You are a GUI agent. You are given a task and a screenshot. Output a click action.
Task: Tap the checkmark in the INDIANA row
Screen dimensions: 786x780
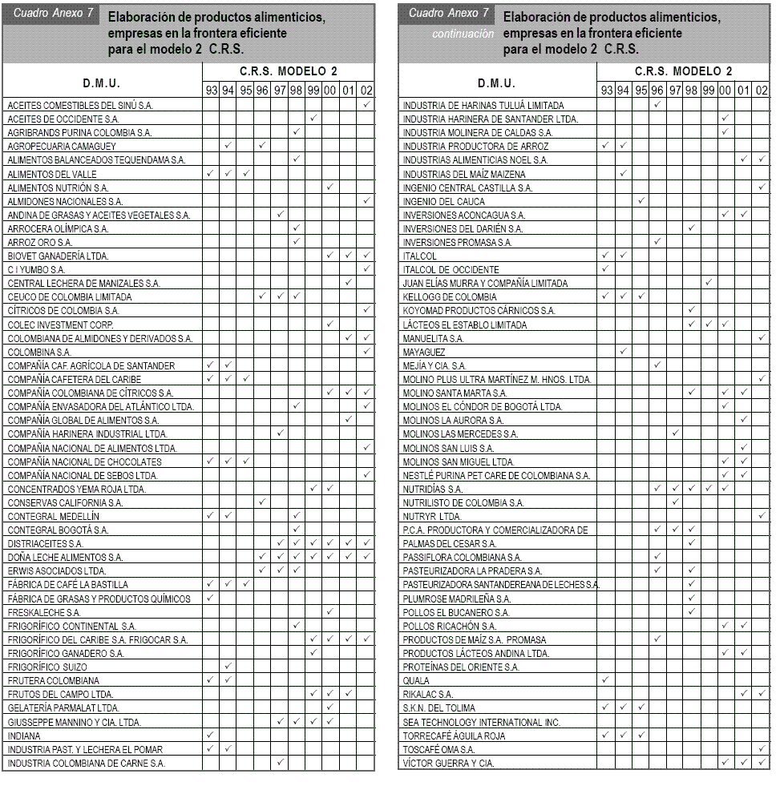pyautogui.click(x=211, y=735)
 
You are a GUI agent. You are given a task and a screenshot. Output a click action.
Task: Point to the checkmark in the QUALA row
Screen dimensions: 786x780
pyautogui.click(x=605, y=679)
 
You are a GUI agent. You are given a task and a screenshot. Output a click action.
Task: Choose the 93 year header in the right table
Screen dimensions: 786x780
pyautogui.click(x=606, y=91)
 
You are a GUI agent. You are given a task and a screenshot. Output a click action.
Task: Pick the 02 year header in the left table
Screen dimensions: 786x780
pyautogui.click(x=366, y=91)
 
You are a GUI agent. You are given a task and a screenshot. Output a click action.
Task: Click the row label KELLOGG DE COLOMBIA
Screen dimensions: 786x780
pyautogui.click(x=450, y=296)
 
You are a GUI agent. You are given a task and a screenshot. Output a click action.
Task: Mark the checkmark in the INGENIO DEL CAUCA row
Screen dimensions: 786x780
pyautogui.click(x=641, y=201)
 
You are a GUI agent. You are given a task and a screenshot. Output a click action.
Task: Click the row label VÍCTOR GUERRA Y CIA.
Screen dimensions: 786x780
pyautogui.click(x=448, y=763)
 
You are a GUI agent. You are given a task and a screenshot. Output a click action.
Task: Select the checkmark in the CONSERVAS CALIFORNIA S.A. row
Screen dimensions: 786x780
pyautogui.click(x=262, y=502)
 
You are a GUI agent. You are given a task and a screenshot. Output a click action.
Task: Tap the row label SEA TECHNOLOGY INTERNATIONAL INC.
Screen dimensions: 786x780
pyautogui.click(x=481, y=722)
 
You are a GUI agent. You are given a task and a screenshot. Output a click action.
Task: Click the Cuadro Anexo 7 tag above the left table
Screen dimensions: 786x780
pyautogui.click(x=50, y=14)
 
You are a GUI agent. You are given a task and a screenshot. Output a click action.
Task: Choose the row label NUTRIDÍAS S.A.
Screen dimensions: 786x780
pyautogui.click(x=433, y=488)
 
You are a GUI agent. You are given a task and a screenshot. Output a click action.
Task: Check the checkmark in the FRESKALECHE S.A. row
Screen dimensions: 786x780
pyautogui.click(x=329, y=611)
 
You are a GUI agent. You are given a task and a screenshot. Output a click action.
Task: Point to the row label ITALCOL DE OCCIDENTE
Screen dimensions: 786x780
pyautogui.click(x=451, y=269)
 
